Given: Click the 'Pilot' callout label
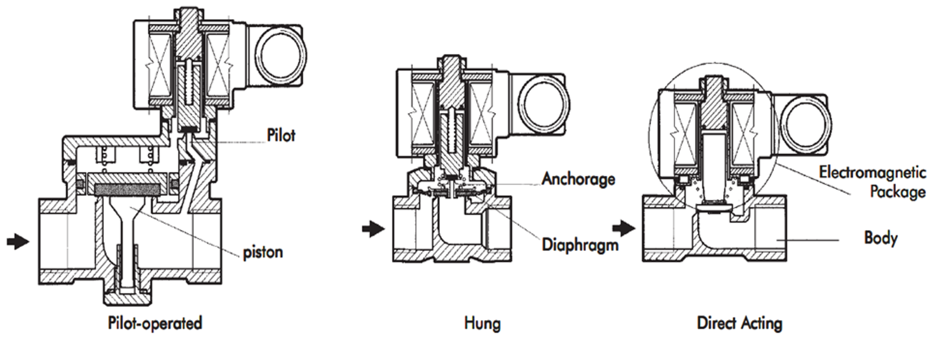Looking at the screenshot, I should [281, 135].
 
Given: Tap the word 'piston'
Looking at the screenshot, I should [263, 252].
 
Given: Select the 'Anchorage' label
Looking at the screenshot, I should [578, 179].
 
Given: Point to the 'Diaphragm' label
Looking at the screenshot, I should [580, 244].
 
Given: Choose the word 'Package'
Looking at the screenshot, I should [898, 192].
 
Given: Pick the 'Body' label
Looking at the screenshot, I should [881, 238].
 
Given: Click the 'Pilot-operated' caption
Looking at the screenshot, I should [155, 323].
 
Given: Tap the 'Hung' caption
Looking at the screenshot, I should [482, 323].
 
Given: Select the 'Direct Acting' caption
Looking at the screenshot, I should [740, 323].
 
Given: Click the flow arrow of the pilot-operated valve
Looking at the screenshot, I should [18, 241].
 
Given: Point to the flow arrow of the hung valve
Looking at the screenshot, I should [374, 229].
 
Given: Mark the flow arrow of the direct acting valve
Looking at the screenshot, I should [623, 227].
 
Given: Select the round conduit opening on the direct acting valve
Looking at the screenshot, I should [804, 121].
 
